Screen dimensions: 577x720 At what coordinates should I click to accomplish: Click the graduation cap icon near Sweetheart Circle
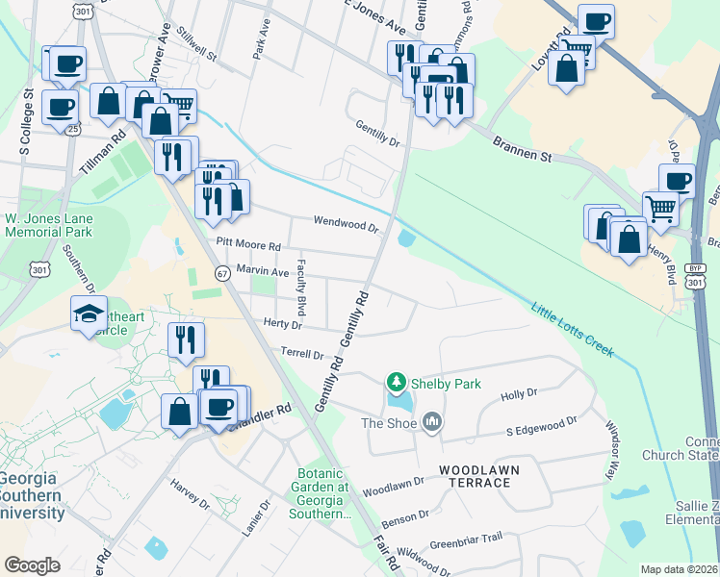click(89, 313)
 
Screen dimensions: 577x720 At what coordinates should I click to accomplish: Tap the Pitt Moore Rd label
click(248, 247)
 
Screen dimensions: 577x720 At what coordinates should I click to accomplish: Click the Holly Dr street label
click(519, 394)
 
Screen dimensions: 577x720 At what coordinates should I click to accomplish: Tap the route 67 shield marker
click(221, 273)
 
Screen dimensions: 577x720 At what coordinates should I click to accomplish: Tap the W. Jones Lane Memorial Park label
click(47, 224)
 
